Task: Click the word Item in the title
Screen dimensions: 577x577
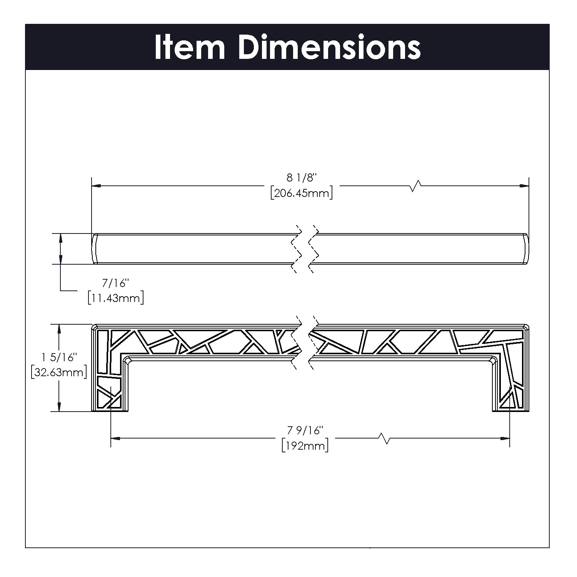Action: point(189,47)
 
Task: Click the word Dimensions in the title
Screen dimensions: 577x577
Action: point(330,47)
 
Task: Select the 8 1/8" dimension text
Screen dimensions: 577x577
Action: point(301,178)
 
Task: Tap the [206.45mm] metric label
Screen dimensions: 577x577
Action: point(301,192)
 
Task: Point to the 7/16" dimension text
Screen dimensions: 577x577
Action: point(114,283)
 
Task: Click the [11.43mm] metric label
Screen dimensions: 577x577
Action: point(116,298)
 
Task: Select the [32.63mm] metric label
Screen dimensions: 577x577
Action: point(58,372)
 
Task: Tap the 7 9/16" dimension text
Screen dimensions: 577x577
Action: point(304,430)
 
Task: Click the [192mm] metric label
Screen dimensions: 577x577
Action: point(305,445)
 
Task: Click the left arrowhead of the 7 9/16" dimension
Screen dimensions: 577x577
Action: point(115,438)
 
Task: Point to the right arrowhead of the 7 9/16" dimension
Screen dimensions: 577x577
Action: point(505,438)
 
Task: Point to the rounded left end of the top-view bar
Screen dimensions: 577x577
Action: point(93,248)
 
